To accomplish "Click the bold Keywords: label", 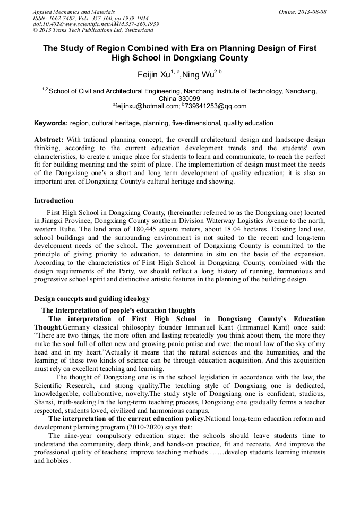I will [x=51, y=123].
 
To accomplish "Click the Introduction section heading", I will [x=54, y=201].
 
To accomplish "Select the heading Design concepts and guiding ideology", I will [x=92, y=299].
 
